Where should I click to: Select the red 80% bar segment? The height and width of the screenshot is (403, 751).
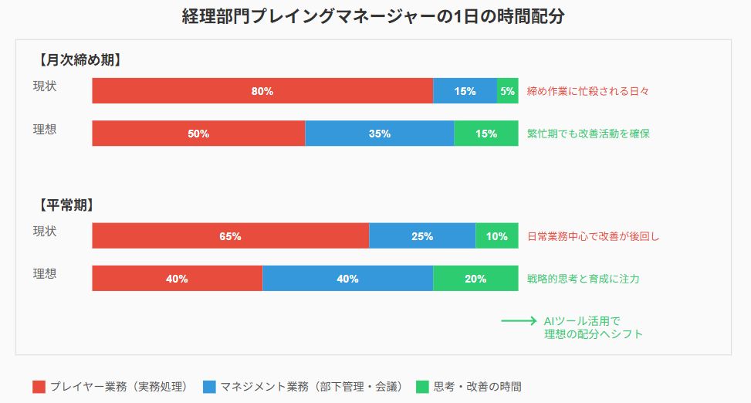262,91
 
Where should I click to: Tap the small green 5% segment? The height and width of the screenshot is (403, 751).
507,91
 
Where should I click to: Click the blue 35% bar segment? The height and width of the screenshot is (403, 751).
379,134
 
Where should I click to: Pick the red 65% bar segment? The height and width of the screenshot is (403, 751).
230,236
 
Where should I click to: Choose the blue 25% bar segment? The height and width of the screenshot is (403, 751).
422,236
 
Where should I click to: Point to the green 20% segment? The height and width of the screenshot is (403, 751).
475,279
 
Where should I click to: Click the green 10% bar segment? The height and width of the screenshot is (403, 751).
497,236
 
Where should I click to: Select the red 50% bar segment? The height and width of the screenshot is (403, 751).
198,134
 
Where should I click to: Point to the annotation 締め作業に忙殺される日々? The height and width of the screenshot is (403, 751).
587,91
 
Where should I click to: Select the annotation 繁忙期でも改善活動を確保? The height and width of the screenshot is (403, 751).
588,134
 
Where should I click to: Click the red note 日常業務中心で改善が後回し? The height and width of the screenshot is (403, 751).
594,236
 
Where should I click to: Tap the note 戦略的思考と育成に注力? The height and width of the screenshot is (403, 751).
583,279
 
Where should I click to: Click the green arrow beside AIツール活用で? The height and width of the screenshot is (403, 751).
518,320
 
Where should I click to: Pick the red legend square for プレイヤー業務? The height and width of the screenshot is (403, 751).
39,387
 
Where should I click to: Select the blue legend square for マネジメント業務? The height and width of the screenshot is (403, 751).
209,387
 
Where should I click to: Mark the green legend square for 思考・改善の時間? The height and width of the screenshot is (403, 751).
422,387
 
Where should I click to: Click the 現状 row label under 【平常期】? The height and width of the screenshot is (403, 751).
45,232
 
